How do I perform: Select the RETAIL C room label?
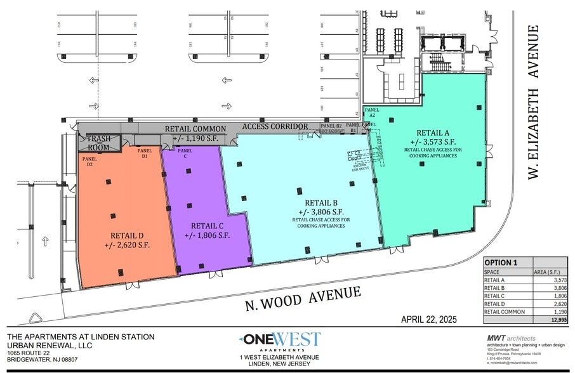[207, 225]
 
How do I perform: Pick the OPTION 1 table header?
[501, 263]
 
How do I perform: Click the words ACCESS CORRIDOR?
[275, 127]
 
